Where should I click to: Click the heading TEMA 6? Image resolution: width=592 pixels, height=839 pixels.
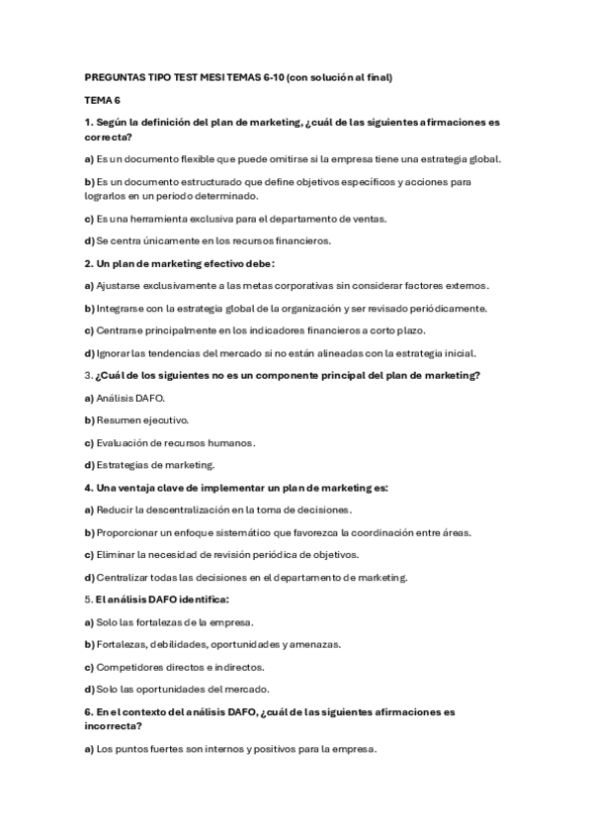coord(102,100)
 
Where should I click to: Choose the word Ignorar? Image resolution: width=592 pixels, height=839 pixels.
coord(114,353)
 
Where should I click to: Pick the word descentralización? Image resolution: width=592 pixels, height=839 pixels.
coord(188,510)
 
